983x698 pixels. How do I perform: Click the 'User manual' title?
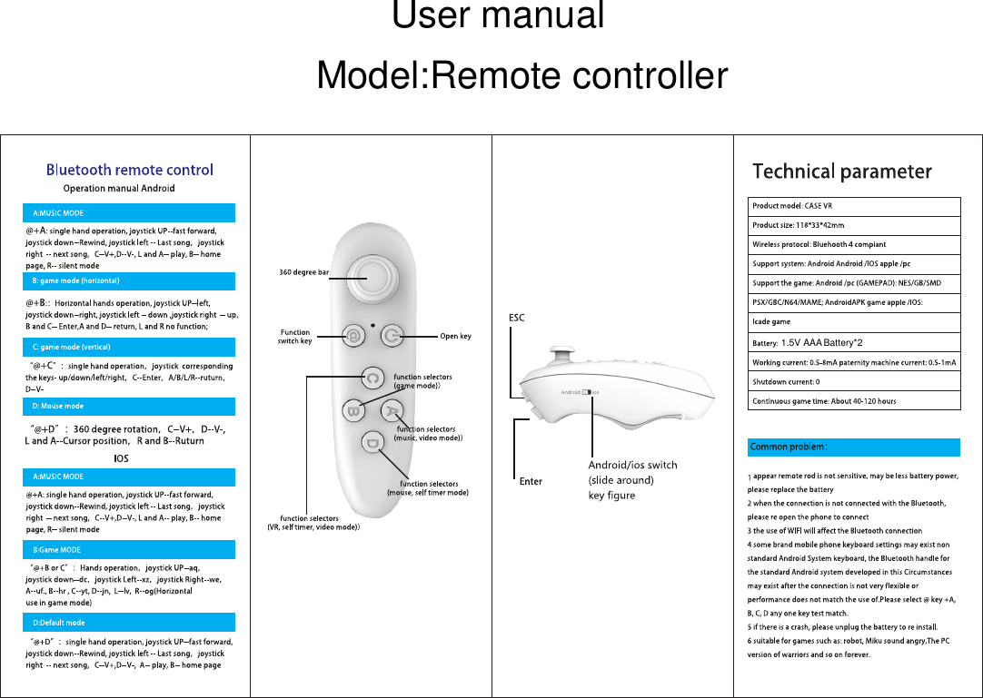pos(498,16)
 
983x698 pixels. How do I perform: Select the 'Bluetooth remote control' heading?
pos(130,170)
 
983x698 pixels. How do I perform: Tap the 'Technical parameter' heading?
pos(842,172)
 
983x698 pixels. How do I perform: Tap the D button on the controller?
pos(372,443)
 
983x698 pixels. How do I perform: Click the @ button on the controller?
pos(352,337)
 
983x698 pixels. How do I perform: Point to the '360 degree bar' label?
pos(304,272)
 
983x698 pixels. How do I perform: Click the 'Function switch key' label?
pos(294,337)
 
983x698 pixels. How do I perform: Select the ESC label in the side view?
pos(515,318)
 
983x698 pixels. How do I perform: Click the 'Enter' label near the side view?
pos(531,481)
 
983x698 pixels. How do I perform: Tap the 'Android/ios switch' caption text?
pos(632,465)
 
